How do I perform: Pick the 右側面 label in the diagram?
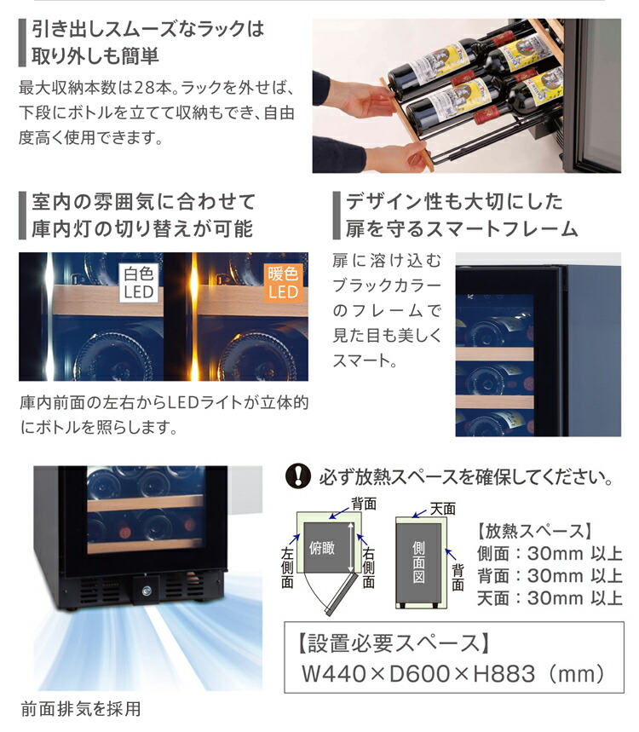(x=369, y=568)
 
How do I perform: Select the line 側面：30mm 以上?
(x=550, y=553)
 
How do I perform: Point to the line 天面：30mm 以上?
(x=550, y=598)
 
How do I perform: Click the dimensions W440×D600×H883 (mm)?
(x=453, y=674)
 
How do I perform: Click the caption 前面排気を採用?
(x=80, y=708)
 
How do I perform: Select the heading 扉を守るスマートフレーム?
(x=462, y=228)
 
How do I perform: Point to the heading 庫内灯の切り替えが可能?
(x=141, y=228)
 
